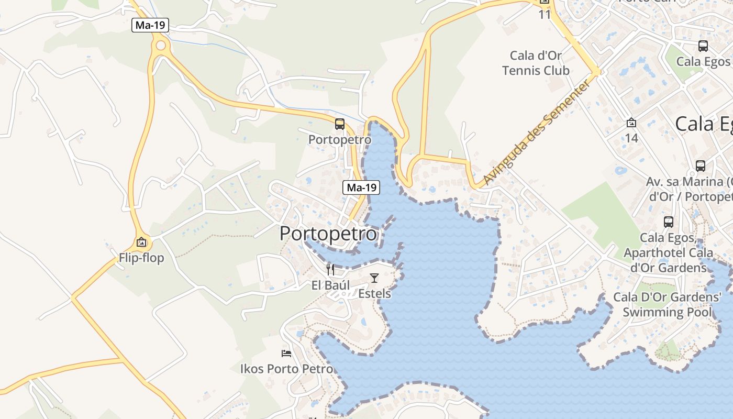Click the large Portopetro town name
328,234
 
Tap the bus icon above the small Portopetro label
340,124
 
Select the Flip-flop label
141,258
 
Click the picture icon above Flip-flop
141,242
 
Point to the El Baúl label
330,285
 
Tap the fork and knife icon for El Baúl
330,270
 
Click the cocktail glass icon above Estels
374,278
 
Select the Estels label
374,293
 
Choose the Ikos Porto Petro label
286,369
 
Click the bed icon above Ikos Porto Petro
286,353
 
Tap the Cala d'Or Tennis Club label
536,63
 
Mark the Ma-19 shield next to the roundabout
150,25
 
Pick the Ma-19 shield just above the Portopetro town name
361,188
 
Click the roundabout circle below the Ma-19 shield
161,46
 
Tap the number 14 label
631,138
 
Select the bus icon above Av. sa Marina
701,166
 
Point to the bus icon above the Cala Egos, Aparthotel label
669,222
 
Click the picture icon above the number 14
631,123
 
